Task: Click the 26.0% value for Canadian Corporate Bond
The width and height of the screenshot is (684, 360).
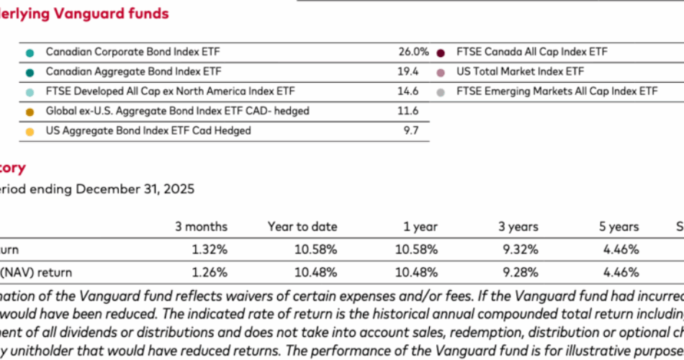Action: click(x=413, y=52)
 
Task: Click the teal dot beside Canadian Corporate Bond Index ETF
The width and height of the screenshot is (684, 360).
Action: click(x=29, y=53)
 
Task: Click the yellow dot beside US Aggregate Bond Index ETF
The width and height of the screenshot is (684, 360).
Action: click(x=29, y=131)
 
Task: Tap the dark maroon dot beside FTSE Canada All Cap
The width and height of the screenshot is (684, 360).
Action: click(x=441, y=53)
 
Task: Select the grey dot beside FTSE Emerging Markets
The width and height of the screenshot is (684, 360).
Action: click(x=441, y=92)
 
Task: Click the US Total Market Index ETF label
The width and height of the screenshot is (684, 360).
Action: click(x=510, y=72)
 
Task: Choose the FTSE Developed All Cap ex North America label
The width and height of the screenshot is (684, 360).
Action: click(x=170, y=91)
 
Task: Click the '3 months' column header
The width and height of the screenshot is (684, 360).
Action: click(x=201, y=227)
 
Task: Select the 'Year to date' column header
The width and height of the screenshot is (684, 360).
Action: click(x=302, y=227)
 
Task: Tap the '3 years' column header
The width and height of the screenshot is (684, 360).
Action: click(x=518, y=227)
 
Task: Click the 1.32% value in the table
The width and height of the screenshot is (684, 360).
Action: click(x=210, y=250)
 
